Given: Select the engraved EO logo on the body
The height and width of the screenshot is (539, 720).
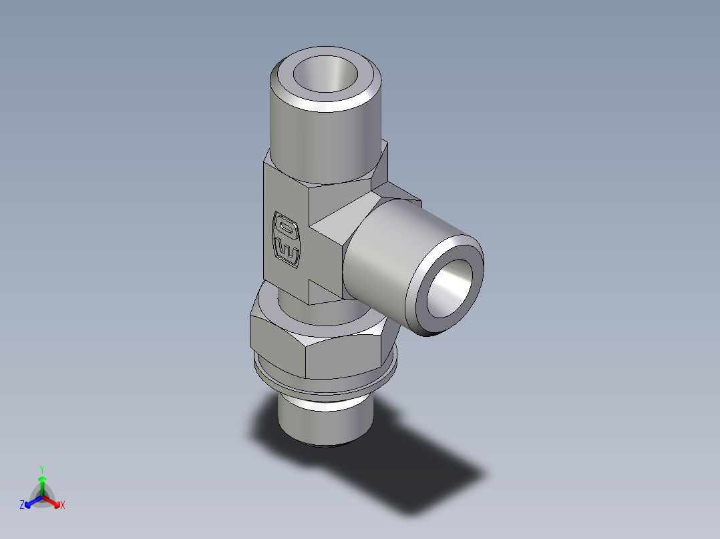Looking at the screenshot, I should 287,239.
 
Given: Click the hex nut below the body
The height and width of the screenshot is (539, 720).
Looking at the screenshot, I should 314,347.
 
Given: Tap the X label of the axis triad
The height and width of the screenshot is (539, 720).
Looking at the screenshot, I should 63,506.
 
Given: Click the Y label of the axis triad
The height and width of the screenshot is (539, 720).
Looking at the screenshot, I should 41,469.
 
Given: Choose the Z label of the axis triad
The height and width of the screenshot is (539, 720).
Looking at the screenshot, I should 22,506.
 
